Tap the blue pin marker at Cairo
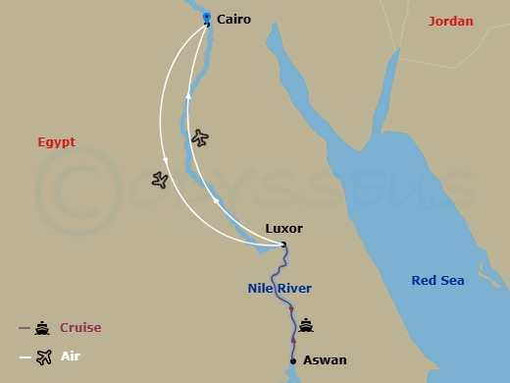206,18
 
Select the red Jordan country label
451,21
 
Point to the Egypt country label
56,141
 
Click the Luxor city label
284,229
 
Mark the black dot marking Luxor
283,245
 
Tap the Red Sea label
437,281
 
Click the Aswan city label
325,360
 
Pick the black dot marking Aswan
293,360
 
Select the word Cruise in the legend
80,328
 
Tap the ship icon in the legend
43,328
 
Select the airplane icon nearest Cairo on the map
201,137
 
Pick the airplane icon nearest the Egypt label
161,180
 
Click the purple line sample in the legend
25,328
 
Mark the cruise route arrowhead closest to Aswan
293,340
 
